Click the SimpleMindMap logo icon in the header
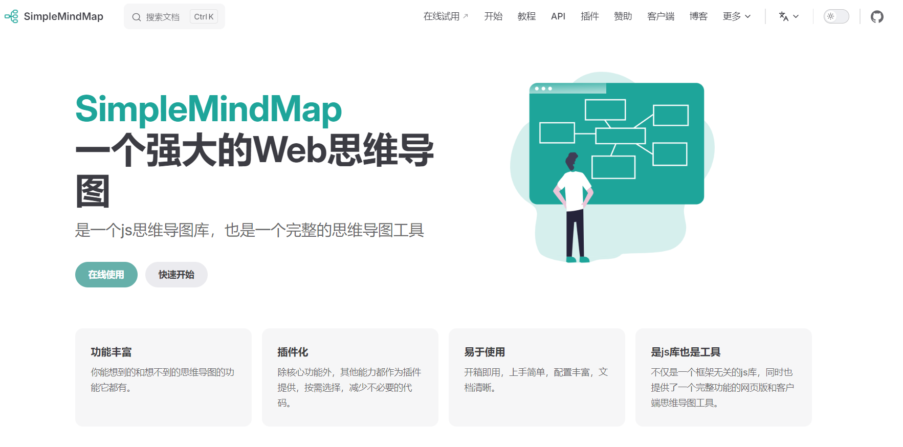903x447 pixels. (x=11, y=16)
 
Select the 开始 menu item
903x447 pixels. (x=493, y=16)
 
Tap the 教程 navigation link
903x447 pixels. (x=526, y=16)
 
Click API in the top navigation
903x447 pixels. (x=558, y=16)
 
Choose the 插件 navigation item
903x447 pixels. (x=589, y=16)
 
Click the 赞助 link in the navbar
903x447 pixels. (x=623, y=16)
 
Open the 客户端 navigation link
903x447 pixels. (x=660, y=16)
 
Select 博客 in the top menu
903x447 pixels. (x=698, y=16)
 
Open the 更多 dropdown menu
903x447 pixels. (x=737, y=16)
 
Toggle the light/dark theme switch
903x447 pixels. (x=836, y=16)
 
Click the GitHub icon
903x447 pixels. (x=877, y=17)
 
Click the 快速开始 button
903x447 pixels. (x=176, y=275)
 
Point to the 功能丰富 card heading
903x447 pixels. (x=111, y=352)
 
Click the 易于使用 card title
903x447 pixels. (x=484, y=352)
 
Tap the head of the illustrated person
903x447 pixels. (x=571, y=161)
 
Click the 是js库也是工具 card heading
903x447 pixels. (x=686, y=352)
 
